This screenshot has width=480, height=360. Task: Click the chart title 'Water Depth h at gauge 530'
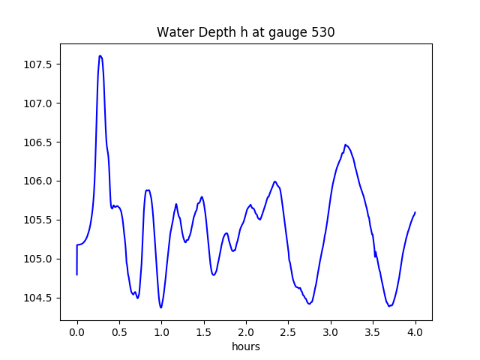click(245, 32)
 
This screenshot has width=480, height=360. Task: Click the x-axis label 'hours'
click(245, 347)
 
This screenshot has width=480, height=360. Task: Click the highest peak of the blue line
click(100, 55)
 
